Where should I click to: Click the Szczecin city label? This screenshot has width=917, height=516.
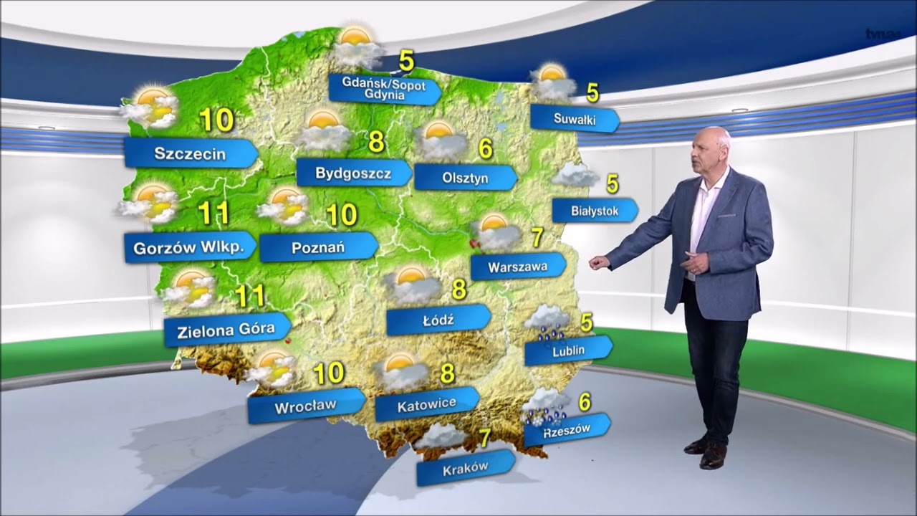[190, 153]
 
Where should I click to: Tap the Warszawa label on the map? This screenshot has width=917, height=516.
[518, 267]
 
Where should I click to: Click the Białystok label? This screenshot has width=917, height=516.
[595, 211]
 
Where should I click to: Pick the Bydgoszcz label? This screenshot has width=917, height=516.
[353, 173]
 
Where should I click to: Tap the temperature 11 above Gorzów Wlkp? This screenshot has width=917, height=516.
[213, 213]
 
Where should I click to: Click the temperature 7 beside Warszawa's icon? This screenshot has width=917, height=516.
[537, 236]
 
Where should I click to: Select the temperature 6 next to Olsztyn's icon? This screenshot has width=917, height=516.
[486, 149]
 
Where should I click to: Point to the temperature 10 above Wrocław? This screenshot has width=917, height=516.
[329, 373]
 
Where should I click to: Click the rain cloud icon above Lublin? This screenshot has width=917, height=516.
[547, 322]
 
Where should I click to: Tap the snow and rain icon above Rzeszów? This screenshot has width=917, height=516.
[547, 406]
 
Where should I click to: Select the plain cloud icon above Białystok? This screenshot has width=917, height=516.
[575, 175]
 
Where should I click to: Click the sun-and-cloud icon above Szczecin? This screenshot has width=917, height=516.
[150, 107]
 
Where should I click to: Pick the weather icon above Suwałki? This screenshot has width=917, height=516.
[552, 82]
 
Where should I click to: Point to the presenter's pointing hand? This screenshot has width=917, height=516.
[598, 262]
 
